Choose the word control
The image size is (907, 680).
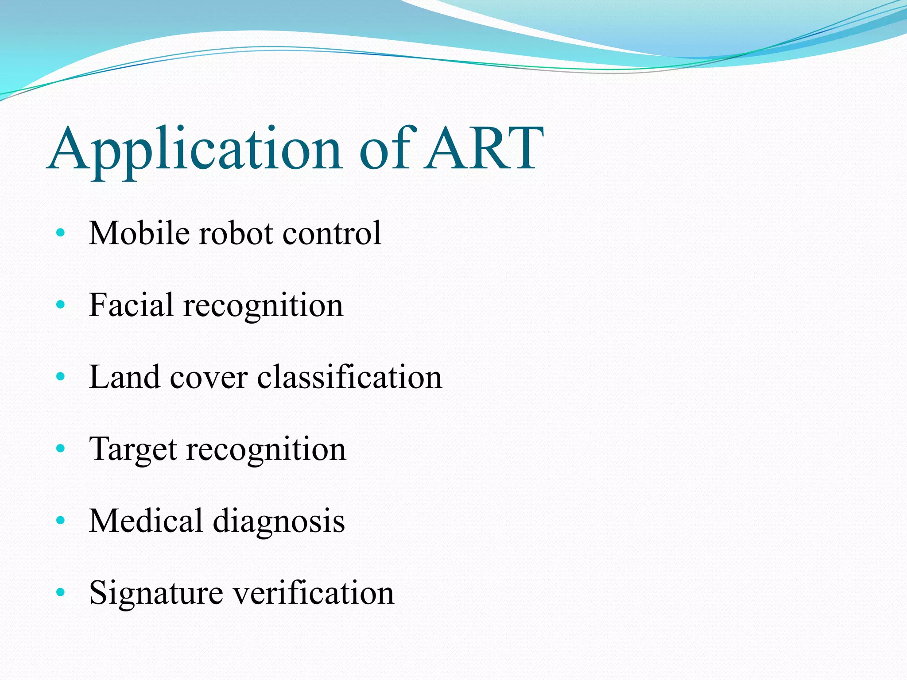332,233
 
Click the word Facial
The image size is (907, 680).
131,305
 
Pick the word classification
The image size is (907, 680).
349,377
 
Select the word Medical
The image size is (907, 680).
146,521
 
